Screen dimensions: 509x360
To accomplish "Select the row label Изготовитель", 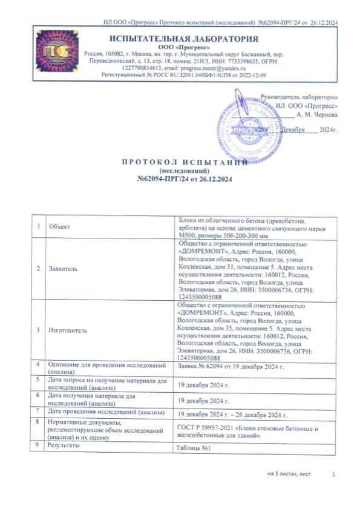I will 67,330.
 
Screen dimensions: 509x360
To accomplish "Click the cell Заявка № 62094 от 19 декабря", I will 230,367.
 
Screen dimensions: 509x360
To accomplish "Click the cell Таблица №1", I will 192,448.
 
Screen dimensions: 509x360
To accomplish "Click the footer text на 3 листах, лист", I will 289,474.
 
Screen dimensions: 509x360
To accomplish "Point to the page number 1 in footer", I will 333,474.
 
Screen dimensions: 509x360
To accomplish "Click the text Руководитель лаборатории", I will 299,97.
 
